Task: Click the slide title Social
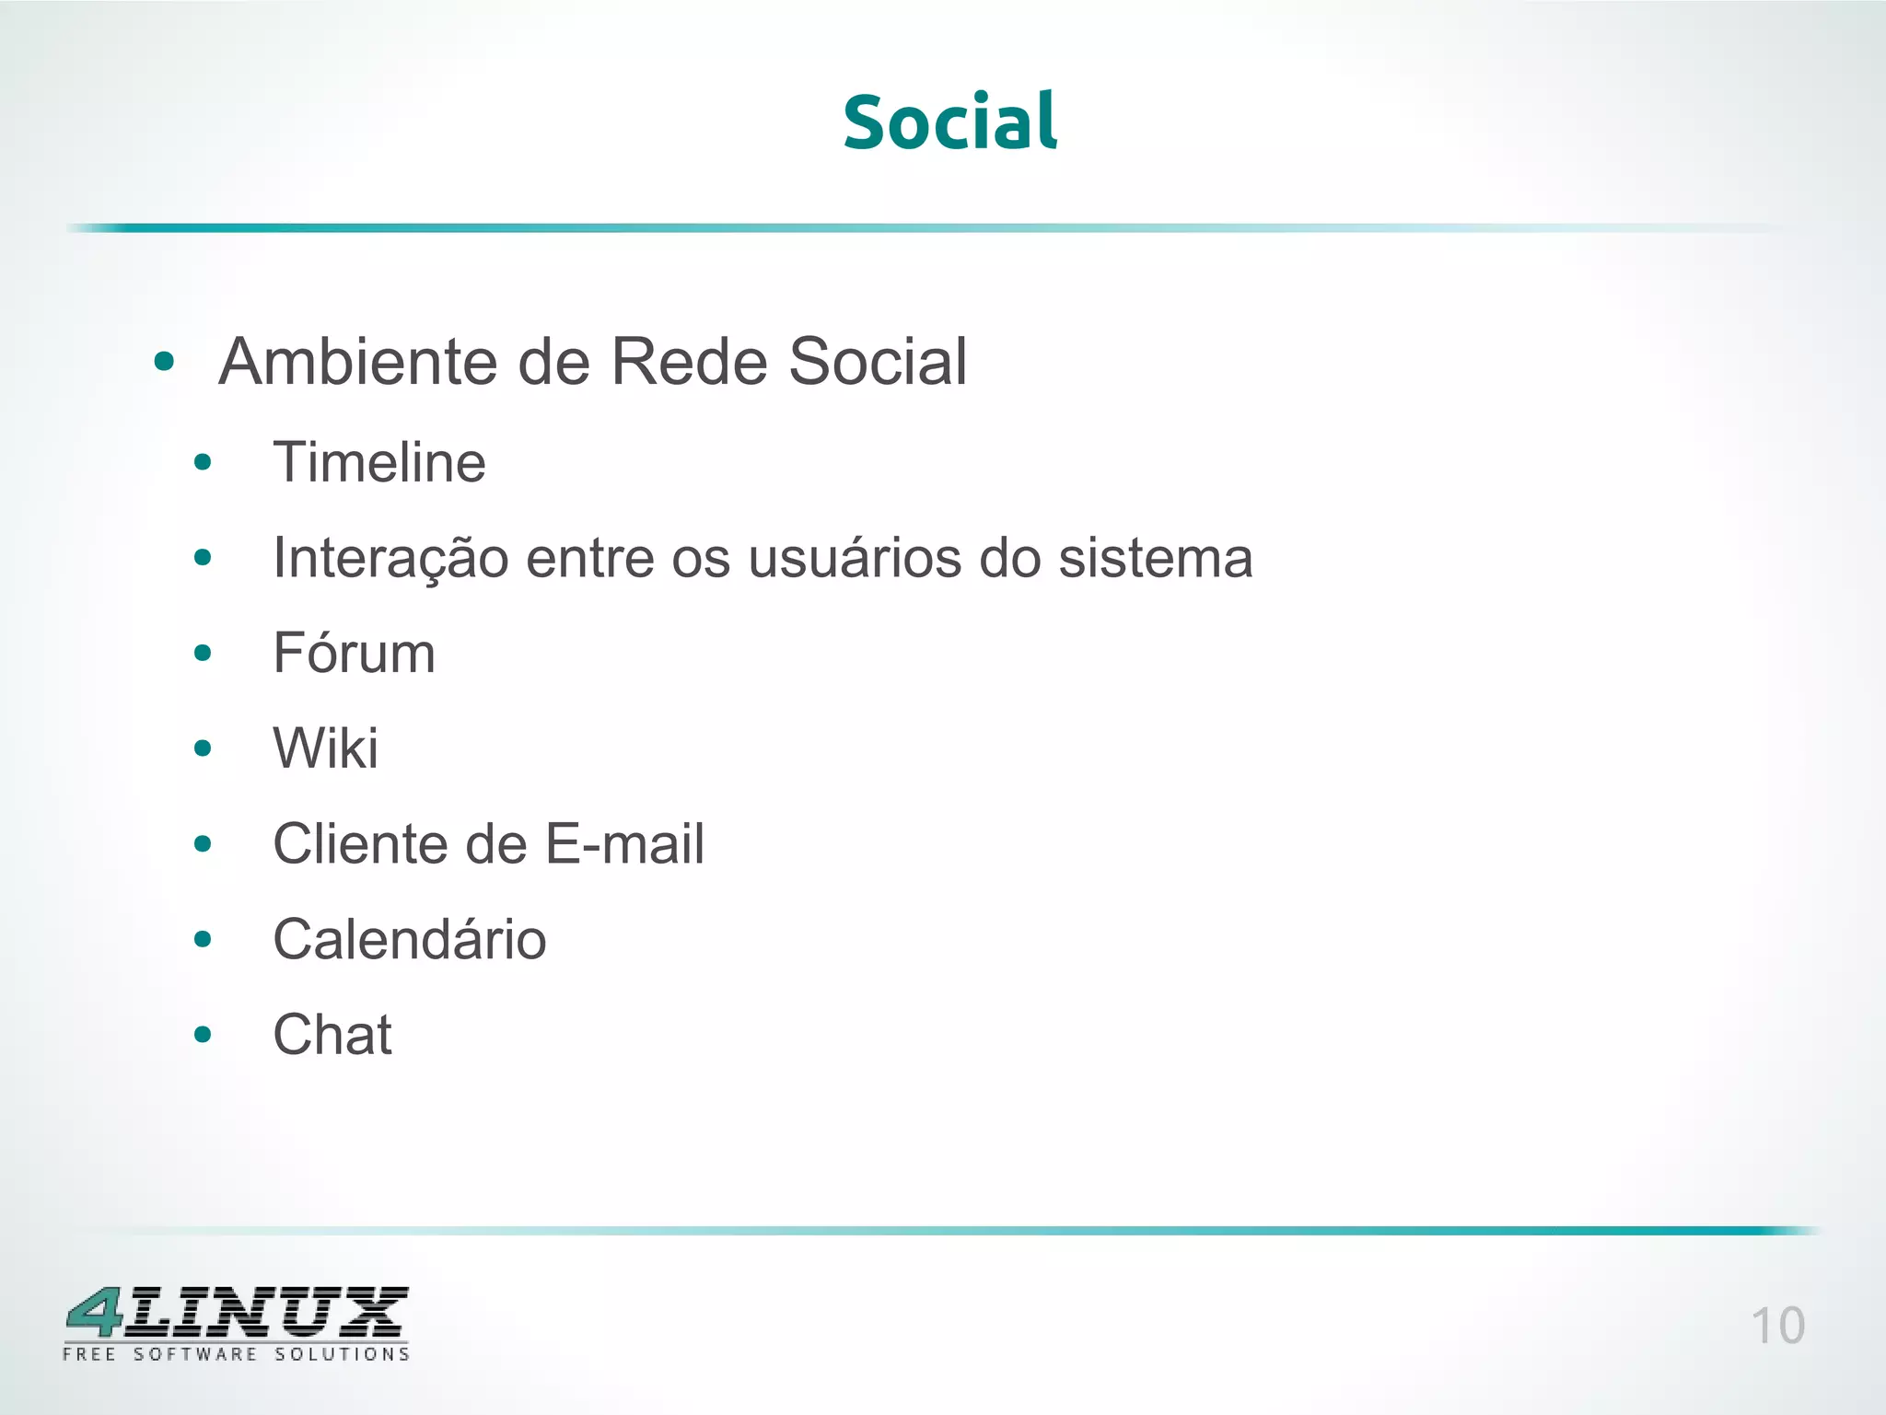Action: (x=949, y=122)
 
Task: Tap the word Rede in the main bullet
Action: (x=688, y=361)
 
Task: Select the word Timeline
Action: (x=379, y=462)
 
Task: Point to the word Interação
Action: (x=390, y=559)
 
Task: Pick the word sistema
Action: (x=1155, y=559)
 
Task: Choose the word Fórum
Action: (x=354, y=653)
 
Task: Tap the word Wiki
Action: (x=325, y=748)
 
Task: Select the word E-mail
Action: (x=624, y=844)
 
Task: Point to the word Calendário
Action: (x=410, y=940)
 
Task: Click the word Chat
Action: (x=332, y=1035)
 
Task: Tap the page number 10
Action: (x=1776, y=1327)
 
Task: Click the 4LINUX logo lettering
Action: (x=237, y=1313)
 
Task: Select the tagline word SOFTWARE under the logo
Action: (x=195, y=1354)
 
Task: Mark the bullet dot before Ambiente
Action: (x=164, y=362)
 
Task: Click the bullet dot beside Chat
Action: (x=203, y=1035)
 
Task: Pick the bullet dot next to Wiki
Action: (x=203, y=748)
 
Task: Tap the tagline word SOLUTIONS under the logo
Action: (x=342, y=1354)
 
